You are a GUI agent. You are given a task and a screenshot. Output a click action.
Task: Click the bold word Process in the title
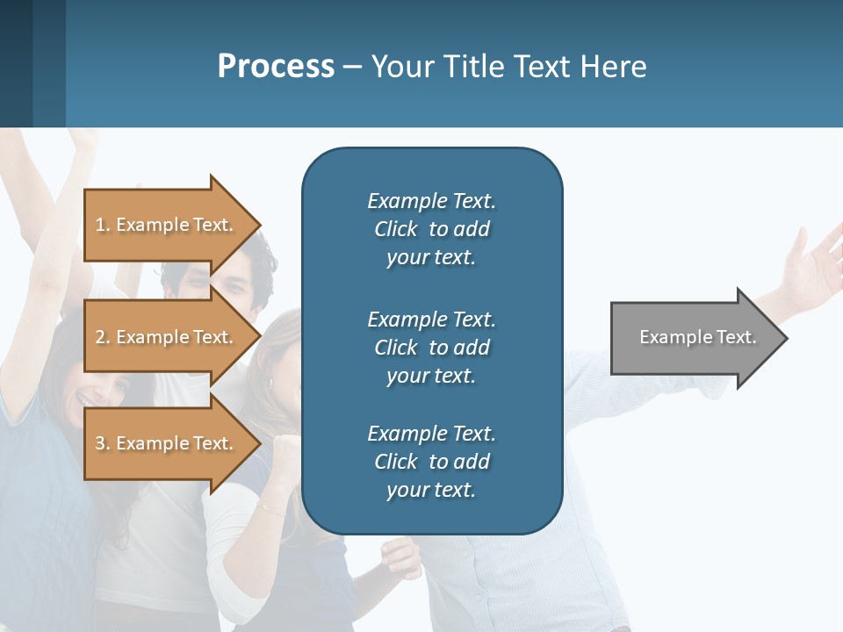pyautogui.click(x=276, y=67)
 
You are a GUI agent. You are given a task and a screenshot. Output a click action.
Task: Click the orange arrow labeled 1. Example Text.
pyautogui.click(x=167, y=225)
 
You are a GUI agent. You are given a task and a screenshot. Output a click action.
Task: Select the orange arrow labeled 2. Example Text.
pyautogui.click(x=167, y=337)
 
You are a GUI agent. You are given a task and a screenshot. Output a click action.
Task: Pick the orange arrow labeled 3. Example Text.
pyautogui.click(x=167, y=443)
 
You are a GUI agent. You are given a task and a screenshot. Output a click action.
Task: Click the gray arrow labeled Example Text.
pyautogui.click(x=694, y=338)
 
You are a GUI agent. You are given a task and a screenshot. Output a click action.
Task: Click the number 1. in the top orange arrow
pyautogui.click(x=103, y=225)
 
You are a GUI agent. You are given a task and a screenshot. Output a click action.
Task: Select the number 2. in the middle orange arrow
pyautogui.click(x=103, y=337)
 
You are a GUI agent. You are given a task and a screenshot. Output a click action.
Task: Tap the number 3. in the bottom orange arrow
pyautogui.click(x=103, y=443)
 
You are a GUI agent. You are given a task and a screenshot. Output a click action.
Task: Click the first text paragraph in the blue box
pyautogui.click(x=431, y=229)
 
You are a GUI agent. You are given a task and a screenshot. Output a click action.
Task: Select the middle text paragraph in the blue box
pyautogui.click(x=431, y=348)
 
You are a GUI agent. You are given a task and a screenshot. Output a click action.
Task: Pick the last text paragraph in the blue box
pyautogui.click(x=431, y=462)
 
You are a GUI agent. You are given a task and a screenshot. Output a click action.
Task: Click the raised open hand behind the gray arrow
pyautogui.click(x=812, y=263)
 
